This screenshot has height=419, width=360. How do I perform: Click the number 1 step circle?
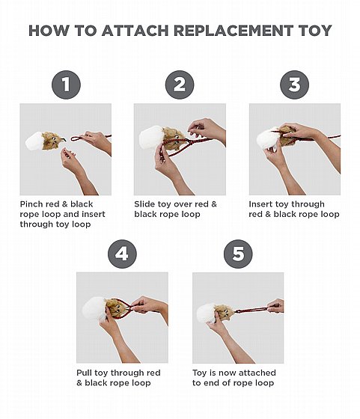pos(66,85)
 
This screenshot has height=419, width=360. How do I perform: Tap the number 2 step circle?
pos(180,85)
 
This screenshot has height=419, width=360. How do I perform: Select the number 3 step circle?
pos(295,85)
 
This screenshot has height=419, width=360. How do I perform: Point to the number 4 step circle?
pos(122,254)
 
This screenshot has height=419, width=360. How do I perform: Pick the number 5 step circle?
pos(238,254)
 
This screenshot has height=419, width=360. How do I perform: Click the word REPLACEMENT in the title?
pos(234,31)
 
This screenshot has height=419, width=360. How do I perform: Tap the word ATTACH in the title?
pos(135,31)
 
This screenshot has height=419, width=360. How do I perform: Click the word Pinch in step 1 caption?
pos(31,204)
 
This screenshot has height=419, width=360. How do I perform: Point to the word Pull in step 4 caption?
pos(84,373)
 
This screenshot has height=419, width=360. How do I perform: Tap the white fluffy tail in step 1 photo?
pos(34,141)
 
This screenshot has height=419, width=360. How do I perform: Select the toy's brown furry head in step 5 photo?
pos(225,312)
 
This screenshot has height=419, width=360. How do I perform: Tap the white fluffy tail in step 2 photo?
pos(151,138)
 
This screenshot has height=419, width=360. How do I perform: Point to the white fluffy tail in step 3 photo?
pos(268,139)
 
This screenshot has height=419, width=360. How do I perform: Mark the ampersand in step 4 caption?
pos(79,383)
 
